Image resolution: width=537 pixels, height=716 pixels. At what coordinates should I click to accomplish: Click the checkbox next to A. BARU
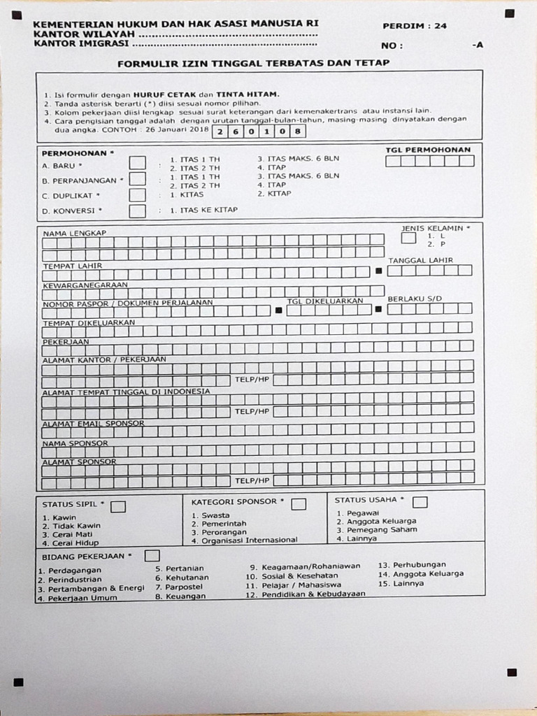pyautogui.click(x=138, y=163)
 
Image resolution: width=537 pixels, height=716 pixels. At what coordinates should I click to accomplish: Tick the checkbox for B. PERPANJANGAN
pyautogui.click(x=138, y=178)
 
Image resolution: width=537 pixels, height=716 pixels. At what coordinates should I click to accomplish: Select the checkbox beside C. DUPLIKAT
pyautogui.click(x=138, y=194)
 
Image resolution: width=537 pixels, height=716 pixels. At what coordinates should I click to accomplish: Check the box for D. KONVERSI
pyautogui.click(x=138, y=210)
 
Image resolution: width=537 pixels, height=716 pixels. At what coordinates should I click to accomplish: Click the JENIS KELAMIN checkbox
pyautogui.click(x=408, y=237)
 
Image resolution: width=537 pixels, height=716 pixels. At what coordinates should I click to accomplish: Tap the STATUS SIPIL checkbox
pyautogui.click(x=118, y=506)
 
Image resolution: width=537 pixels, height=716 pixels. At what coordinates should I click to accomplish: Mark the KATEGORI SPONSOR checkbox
pyautogui.click(x=299, y=503)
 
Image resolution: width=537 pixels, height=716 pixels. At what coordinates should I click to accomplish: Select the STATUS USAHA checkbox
pyautogui.click(x=420, y=502)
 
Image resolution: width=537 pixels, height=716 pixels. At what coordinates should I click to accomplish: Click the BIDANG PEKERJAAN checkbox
pyautogui.click(x=152, y=556)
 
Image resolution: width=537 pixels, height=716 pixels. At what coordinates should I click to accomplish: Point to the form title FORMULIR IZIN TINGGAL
pyautogui.click(x=253, y=63)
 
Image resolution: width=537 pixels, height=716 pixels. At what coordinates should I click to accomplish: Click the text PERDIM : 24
pyautogui.click(x=415, y=26)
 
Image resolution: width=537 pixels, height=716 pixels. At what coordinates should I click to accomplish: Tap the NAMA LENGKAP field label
pyautogui.click(x=75, y=233)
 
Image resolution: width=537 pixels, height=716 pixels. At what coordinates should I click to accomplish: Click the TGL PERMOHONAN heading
pyautogui.click(x=428, y=150)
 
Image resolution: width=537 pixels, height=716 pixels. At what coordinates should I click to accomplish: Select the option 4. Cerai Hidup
pyautogui.click(x=70, y=543)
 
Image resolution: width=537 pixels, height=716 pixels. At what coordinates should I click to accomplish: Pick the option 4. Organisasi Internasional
pyautogui.click(x=245, y=540)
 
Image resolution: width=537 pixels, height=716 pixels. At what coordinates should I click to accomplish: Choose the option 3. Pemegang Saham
pyautogui.click(x=377, y=529)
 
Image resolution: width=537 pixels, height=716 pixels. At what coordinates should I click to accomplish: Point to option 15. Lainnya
pyautogui.click(x=401, y=583)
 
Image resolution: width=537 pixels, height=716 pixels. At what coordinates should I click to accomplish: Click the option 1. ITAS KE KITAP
pyautogui.click(x=203, y=210)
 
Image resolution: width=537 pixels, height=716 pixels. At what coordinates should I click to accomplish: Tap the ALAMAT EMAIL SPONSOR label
pyautogui.click(x=94, y=424)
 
